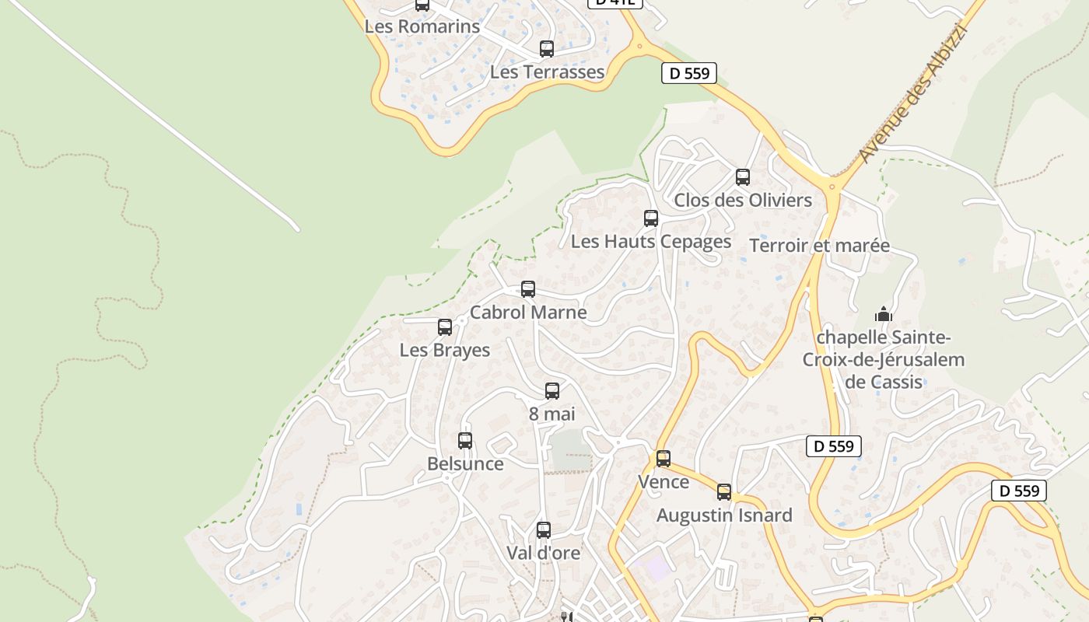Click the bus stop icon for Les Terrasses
(x=547, y=49)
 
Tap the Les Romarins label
(x=422, y=26)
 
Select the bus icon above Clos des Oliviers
(x=743, y=177)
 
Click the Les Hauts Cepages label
(x=651, y=242)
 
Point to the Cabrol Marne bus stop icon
(x=528, y=289)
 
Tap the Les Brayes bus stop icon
(x=445, y=327)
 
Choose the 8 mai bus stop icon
(x=552, y=391)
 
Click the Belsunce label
(x=465, y=464)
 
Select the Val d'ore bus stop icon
(x=544, y=530)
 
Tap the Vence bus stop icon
(x=664, y=459)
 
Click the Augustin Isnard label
(x=724, y=515)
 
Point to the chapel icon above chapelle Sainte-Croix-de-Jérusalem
(x=884, y=314)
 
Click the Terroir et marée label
(x=819, y=246)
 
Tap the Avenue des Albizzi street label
(x=912, y=95)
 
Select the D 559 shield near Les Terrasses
(x=688, y=74)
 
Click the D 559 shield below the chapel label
(x=833, y=446)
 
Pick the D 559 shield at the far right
(x=1019, y=491)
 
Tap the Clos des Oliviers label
(x=743, y=201)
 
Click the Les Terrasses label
(x=547, y=72)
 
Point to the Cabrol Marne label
(x=528, y=313)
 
